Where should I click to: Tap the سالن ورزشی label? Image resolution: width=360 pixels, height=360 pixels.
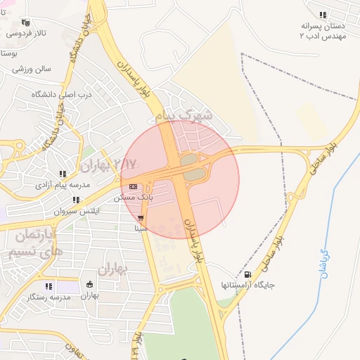point(32,69)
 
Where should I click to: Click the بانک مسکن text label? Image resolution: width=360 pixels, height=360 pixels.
point(134,198)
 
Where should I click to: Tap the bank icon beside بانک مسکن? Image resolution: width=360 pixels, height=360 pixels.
point(133,186)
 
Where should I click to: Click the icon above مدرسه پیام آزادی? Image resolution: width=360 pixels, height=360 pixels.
point(63,174)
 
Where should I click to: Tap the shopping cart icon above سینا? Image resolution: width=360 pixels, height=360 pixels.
point(141,217)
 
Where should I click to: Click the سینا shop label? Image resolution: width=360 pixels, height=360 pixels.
point(141,229)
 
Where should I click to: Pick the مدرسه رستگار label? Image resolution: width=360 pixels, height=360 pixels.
point(48,297)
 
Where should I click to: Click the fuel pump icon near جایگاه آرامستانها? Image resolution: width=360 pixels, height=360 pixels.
point(247,274)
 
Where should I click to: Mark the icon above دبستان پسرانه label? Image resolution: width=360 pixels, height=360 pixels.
point(323,14)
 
